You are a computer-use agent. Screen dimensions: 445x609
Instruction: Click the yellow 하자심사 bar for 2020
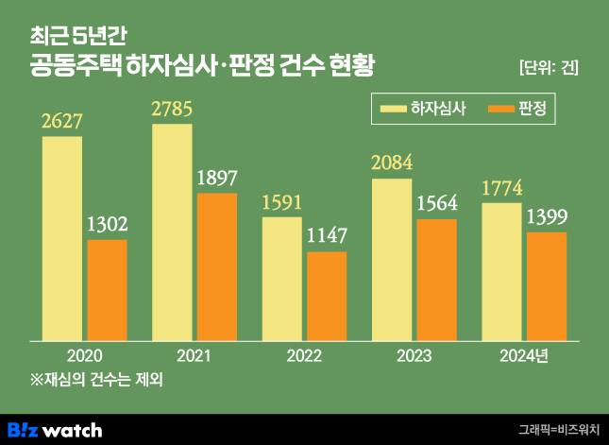[x=61, y=238]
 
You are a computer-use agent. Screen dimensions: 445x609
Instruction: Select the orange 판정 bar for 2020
[x=107, y=290]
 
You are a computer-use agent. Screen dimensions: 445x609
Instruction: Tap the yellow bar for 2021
[x=172, y=231]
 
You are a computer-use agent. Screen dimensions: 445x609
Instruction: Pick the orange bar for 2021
[x=217, y=266]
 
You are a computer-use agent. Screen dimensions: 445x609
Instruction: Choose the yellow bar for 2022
[x=281, y=279]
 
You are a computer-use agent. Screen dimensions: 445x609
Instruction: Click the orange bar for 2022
[x=327, y=296]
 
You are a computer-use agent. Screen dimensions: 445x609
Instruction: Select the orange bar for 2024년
[x=547, y=285]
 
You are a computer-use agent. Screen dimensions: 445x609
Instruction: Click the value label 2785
[x=172, y=110]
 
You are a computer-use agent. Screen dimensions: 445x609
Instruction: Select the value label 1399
[x=547, y=217]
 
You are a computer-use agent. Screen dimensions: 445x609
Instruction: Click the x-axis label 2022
[x=304, y=356]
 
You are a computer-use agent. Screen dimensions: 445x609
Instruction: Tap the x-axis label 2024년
[x=523, y=356]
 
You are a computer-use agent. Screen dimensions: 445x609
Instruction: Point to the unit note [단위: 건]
[x=549, y=67]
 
